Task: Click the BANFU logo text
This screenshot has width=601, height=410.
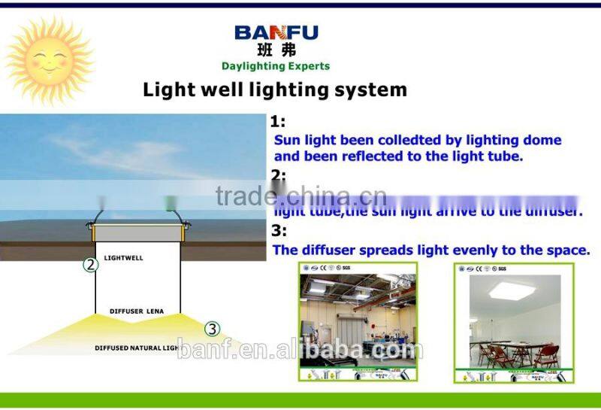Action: pos(276,32)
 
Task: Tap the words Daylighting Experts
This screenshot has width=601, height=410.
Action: pos(276,66)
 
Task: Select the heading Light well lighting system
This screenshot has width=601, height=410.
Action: pos(275,90)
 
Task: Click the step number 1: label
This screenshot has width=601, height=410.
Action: pos(278,121)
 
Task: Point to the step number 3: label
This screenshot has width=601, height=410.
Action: pos(278,230)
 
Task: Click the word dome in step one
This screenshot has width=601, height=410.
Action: pos(542,140)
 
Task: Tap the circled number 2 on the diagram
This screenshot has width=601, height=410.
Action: pos(91,264)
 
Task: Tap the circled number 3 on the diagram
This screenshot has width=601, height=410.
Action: pos(213,328)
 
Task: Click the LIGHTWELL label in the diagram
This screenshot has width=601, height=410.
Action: pos(123,258)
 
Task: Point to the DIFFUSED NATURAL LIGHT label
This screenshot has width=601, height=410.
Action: pos(135,348)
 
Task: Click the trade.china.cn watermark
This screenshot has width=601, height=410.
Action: pos(300,196)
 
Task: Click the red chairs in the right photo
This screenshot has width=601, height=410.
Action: pos(518,354)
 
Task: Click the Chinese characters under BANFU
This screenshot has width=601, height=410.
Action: pos(276,50)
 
